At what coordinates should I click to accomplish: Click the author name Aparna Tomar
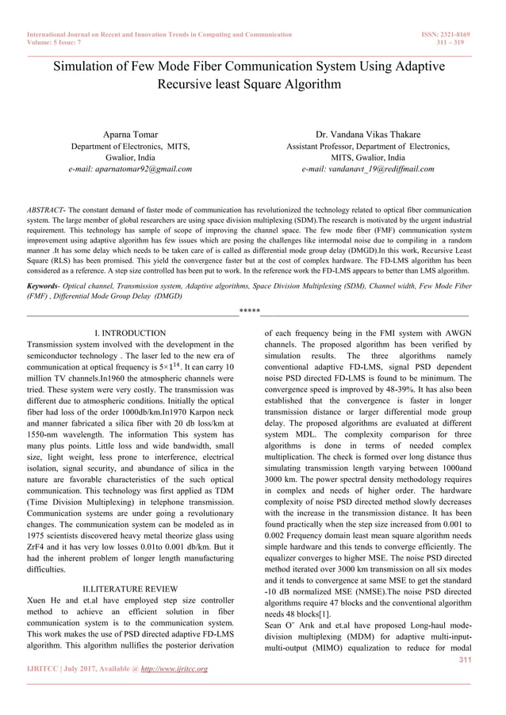[x=130, y=135]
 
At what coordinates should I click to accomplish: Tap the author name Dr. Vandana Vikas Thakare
[x=368, y=135]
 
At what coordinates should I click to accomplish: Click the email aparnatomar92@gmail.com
[x=130, y=169]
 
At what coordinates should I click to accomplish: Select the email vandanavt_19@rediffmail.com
[x=368, y=169]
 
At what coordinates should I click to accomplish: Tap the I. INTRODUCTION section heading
[x=130, y=334]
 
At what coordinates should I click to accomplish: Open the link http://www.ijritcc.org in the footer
[x=174, y=669]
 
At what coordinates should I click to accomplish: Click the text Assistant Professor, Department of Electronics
[x=368, y=147]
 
